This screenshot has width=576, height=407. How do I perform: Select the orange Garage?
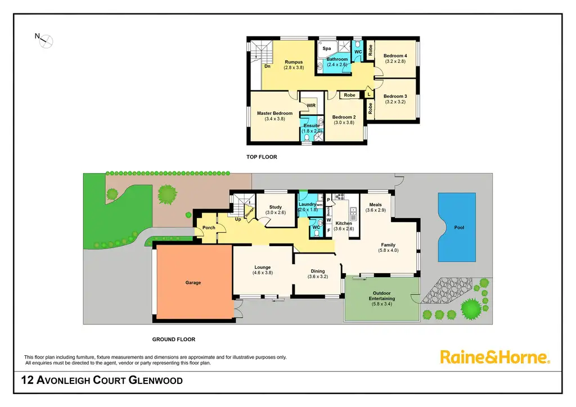click(x=193, y=283)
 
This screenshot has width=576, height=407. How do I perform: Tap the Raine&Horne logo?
click(x=494, y=356)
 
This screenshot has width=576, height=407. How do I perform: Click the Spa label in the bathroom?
click(x=327, y=49)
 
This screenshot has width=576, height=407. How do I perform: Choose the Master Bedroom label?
click(x=274, y=114)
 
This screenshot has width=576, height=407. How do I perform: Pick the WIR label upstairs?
click(x=311, y=106)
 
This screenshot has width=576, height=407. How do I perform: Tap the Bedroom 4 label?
click(x=395, y=56)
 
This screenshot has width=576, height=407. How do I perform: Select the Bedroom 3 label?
click(x=395, y=96)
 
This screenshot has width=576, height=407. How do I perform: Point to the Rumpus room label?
click(x=294, y=62)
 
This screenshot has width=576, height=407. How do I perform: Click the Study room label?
click(x=275, y=207)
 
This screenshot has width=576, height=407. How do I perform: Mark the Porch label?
click(x=201, y=228)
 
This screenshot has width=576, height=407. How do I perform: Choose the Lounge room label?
click(x=262, y=267)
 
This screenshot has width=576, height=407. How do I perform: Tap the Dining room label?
click(x=317, y=271)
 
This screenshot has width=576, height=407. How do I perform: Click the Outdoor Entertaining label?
click(x=382, y=295)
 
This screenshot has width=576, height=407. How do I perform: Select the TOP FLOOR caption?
click(x=262, y=157)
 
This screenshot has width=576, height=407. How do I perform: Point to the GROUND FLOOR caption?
click(x=174, y=339)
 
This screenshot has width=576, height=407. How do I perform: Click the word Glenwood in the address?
click(x=156, y=381)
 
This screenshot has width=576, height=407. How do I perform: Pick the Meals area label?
click(x=375, y=205)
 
